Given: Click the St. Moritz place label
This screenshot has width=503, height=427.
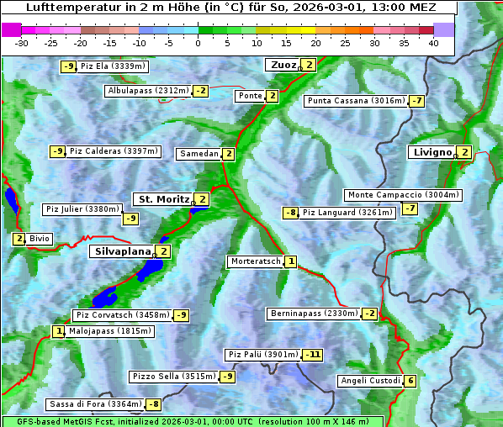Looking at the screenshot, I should coord(163,199).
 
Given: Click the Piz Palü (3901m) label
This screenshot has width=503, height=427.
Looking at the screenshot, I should coord(263,355).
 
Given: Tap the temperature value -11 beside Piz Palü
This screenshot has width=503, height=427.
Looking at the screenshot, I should coord(312,355).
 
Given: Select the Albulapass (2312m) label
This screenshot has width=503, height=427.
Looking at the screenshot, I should coord(148,91).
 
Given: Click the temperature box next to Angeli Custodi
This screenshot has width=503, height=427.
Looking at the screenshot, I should coord(410,381).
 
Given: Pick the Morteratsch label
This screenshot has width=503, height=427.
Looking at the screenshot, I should coord(256,261).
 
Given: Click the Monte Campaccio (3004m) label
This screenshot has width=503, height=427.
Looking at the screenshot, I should coord(403,195).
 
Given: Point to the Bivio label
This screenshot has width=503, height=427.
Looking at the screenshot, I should coord(40,239).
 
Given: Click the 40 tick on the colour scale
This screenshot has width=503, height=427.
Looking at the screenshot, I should coord(433,43).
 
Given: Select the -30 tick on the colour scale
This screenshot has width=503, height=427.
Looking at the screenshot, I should coord(22,43).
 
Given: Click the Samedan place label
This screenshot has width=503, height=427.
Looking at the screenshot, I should coord(199,154).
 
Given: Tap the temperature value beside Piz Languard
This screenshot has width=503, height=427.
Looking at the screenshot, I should coord(290,213).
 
